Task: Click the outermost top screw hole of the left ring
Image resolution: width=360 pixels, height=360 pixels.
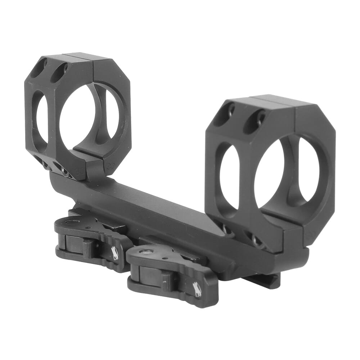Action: tap(38, 68)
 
